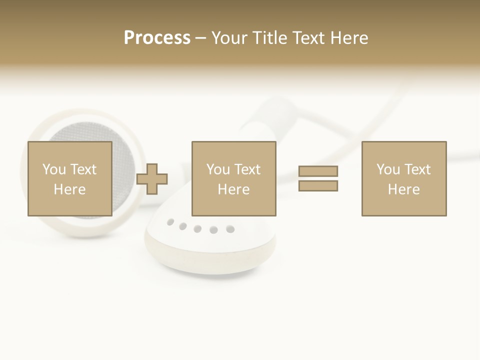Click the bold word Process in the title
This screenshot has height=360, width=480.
pos(157,38)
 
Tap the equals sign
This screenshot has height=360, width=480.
pos(318,178)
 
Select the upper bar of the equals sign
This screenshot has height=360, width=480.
pos(318,171)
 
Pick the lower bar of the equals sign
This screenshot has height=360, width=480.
pos(318,186)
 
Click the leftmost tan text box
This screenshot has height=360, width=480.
pos(69,178)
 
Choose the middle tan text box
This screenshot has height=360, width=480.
pos(233,178)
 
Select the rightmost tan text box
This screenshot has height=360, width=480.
pos(403,178)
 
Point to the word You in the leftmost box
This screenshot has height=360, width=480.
pos(54,169)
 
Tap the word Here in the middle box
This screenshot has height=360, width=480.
pos(233,189)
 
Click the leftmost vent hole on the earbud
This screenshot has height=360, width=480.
pos(171,221)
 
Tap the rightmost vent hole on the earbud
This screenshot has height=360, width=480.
pos(230,229)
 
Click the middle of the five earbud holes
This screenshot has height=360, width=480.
pos(197,229)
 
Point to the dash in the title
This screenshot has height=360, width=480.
pos(201,38)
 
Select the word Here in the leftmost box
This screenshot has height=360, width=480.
pos(69,189)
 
